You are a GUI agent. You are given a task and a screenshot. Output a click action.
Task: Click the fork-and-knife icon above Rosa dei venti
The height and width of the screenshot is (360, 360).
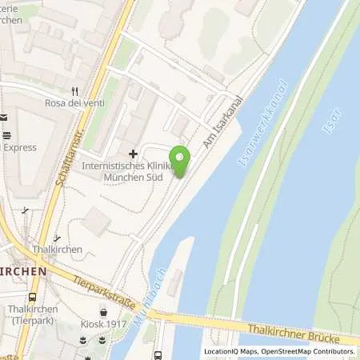(x=75, y=91)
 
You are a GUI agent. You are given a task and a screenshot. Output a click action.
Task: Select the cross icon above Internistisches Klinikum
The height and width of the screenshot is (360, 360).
(x=133, y=153)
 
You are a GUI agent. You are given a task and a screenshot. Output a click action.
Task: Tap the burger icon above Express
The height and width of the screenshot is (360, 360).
(x=6, y=134)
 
